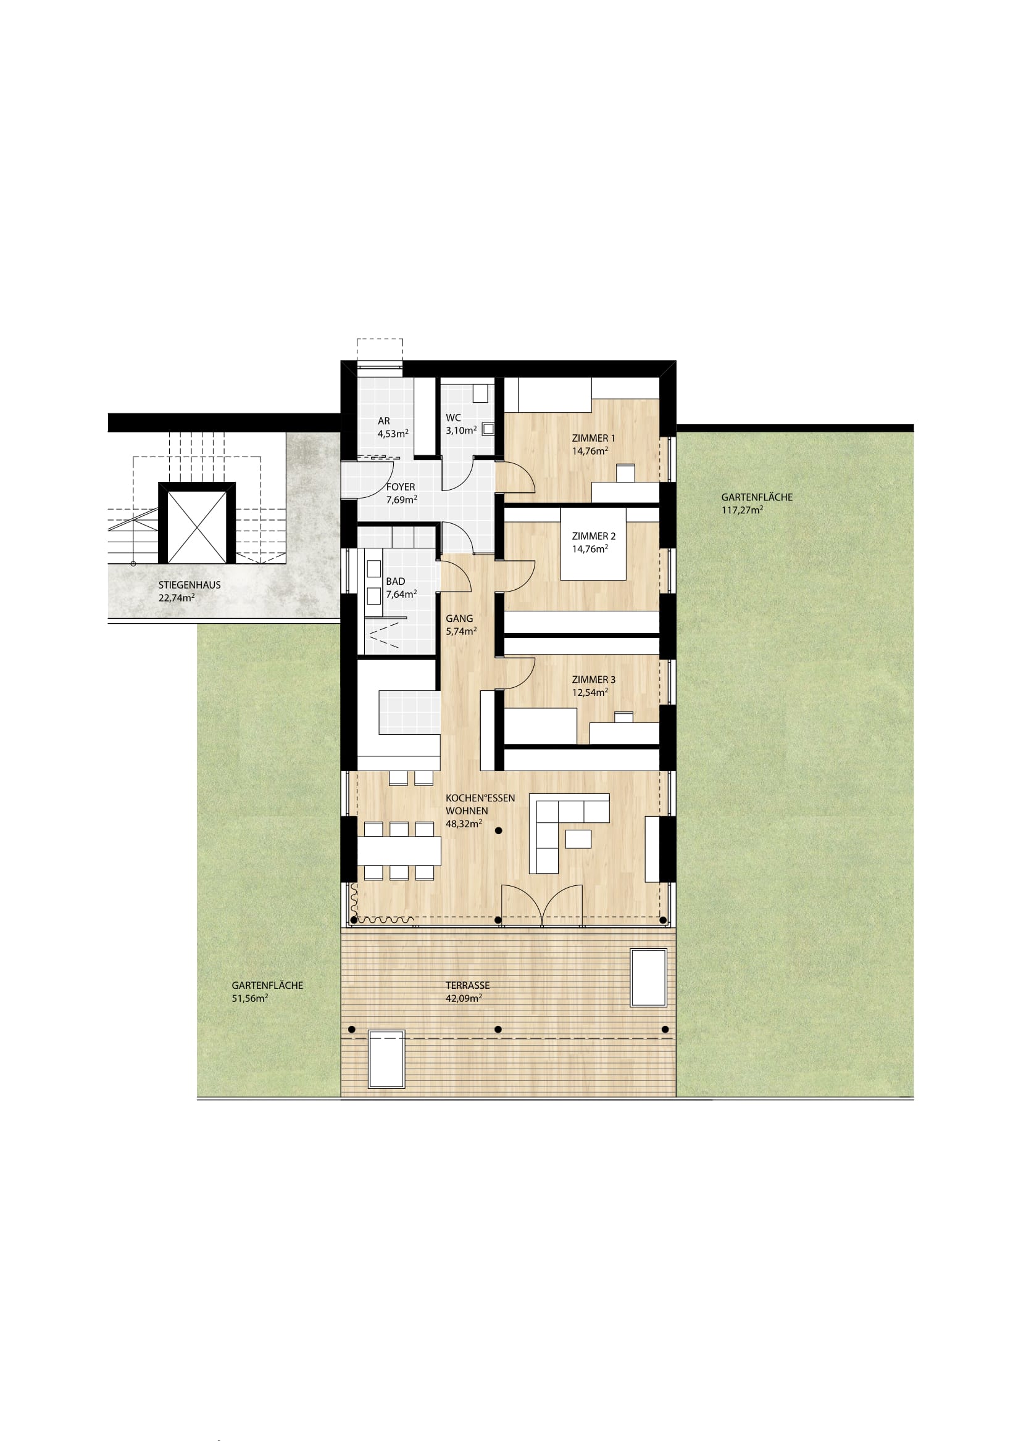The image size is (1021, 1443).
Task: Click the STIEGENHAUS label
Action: (190, 585)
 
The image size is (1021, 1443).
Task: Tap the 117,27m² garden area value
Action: (742, 510)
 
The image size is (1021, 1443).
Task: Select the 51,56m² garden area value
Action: (249, 998)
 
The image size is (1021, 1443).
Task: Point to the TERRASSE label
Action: (467, 985)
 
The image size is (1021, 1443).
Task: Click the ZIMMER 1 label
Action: (593, 438)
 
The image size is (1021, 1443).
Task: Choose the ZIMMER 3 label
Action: (593, 679)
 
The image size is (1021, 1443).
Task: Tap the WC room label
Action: (452, 418)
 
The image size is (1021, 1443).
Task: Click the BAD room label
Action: (396, 581)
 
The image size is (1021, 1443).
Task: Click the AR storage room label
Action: (383, 421)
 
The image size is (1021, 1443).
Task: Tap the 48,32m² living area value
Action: (464, 824)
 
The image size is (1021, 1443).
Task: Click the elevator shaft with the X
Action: (197, 523)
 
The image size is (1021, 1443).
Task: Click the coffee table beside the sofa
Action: (578, 839)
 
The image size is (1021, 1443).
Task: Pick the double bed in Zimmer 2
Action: (593, 544)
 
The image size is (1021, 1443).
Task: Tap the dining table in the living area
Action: (399, 851)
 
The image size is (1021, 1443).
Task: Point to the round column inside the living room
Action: (499, 830)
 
